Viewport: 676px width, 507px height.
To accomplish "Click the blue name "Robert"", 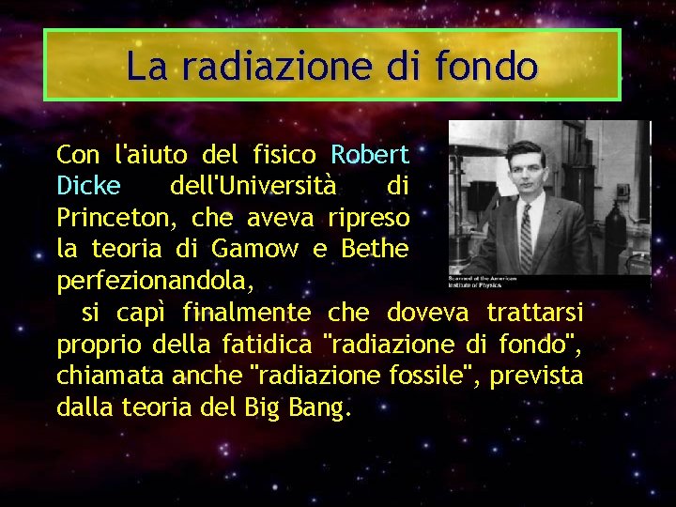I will [370, 154].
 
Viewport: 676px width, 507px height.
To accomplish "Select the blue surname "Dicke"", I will [88, 186].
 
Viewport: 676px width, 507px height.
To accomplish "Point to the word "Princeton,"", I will [118, 218].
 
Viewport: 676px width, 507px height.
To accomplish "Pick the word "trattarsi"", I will [533, 312].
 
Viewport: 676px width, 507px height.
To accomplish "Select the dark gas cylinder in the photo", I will [617, 225].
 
